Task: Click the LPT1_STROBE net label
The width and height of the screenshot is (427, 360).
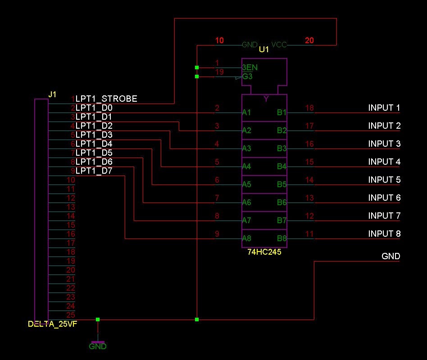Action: tap(106, 99)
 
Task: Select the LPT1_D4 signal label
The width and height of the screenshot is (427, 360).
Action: tap(94, 144)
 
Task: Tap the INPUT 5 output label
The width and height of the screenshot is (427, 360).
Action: tap(384, 180)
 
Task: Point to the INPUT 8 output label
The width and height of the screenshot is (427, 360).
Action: tap(384, 234)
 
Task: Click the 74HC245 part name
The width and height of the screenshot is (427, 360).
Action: tap(264, 252)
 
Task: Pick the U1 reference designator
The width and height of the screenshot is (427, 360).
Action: tap(264, 49)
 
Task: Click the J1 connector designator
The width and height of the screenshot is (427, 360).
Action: tap(53, 94)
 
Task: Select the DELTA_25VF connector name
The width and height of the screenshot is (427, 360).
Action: tap(52, 324)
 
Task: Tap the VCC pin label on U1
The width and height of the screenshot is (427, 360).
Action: tap(279, 45)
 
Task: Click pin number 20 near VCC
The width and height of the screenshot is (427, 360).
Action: tap(309, 40)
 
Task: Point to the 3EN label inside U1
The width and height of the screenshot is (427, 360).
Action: tap(250, 67)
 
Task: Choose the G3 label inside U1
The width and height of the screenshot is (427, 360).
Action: tap(247, 76)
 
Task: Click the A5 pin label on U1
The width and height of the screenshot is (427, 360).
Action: tap(246, 184)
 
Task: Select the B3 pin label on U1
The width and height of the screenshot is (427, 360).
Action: tap(282, 148)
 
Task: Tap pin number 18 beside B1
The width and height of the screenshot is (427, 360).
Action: tap(309, 108)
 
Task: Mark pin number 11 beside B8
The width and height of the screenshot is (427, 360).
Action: tap(309, 234)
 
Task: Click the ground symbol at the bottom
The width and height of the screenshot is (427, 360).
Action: tap(98, 343)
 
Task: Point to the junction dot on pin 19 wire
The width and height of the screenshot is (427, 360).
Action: tap(197, 76)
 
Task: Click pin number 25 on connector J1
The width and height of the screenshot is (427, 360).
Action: tap(70, 315)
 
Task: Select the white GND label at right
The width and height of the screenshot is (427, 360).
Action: tap(391, 256)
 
